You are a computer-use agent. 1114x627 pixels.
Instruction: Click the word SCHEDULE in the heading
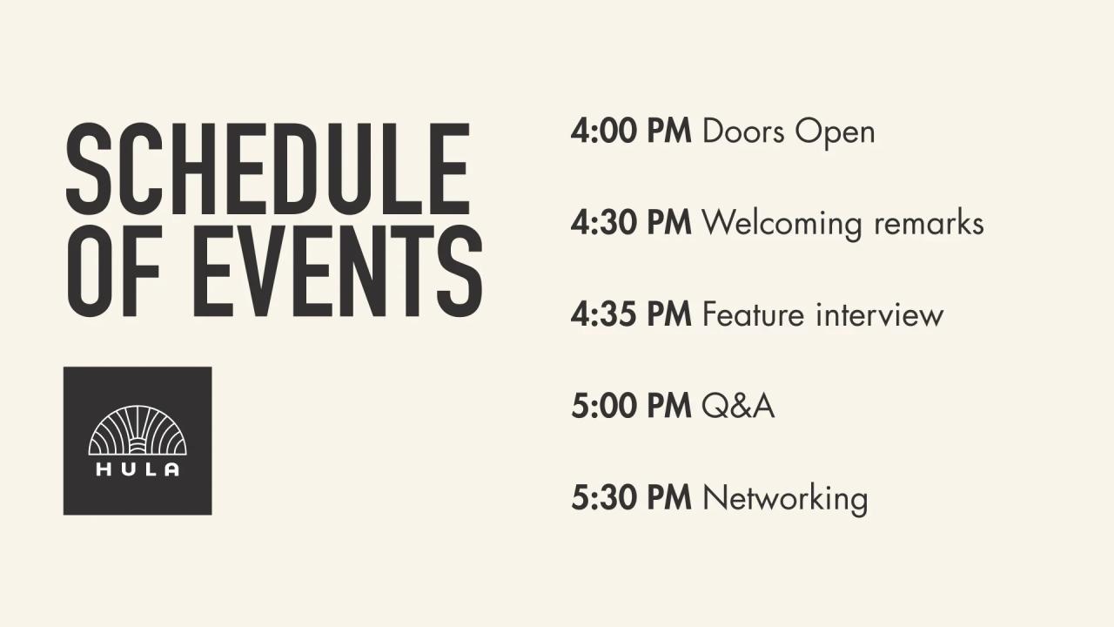coord(268,169)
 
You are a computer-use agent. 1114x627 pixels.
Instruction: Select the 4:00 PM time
coord(631,131)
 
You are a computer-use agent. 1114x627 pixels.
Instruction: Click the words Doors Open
coord(788,132)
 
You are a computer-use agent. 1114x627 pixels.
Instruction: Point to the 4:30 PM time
coord(631,224)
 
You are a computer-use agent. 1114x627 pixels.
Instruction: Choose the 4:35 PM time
coord(631,315)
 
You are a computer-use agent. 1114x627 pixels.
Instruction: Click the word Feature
coord(754,315)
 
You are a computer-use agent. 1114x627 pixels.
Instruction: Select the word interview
coord(879,315)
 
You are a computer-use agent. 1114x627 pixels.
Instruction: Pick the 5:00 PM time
coord(631,407)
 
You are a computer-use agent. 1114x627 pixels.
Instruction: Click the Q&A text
coord(738,407)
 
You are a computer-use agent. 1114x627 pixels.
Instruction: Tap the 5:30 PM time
coord(631,498)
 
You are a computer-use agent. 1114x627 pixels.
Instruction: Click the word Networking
coord(784,499)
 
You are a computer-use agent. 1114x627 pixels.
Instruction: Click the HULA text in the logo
coord(138,469)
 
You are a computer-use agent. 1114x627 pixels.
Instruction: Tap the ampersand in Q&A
coord(740,407)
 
